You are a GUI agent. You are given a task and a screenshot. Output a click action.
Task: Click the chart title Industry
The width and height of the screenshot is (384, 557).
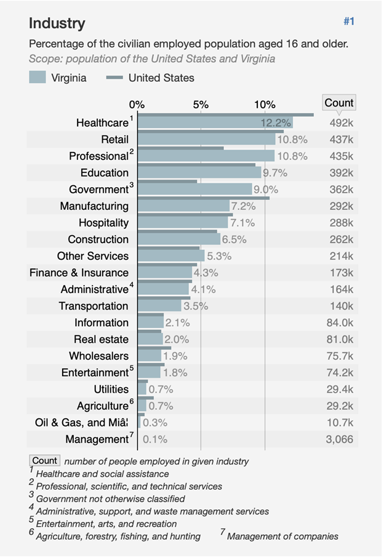pos(57,23)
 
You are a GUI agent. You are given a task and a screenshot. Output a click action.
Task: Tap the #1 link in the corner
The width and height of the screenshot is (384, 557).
pos(349,22)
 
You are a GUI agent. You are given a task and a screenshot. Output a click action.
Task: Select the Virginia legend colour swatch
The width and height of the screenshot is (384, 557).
pos(38,78)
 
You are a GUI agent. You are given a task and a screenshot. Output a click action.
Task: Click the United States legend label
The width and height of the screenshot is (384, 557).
pos(161,78)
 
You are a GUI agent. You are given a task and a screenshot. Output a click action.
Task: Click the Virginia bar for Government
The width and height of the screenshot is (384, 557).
pos(194,190)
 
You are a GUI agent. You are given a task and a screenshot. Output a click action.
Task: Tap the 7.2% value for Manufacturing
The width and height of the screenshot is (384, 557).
pos(243,206)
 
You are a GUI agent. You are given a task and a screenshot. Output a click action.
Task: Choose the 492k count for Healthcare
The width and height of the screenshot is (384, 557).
pos(342,123)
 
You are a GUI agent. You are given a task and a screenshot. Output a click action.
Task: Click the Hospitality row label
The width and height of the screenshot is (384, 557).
pos(103,223)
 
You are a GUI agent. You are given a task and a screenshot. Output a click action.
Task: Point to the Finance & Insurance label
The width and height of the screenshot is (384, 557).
pos(79,273)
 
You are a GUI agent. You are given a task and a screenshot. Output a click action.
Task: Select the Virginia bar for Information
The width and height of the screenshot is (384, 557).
pos(150,323)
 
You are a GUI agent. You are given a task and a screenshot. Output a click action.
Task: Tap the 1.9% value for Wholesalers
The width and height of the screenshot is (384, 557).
pos(175,356)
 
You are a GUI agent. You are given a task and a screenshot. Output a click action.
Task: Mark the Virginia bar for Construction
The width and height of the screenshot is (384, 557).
pos(178,239)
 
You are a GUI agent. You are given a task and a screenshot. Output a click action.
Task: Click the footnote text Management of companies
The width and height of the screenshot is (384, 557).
pos(282,536)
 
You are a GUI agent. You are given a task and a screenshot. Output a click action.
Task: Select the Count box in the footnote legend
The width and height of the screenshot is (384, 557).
pos(45,460)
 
